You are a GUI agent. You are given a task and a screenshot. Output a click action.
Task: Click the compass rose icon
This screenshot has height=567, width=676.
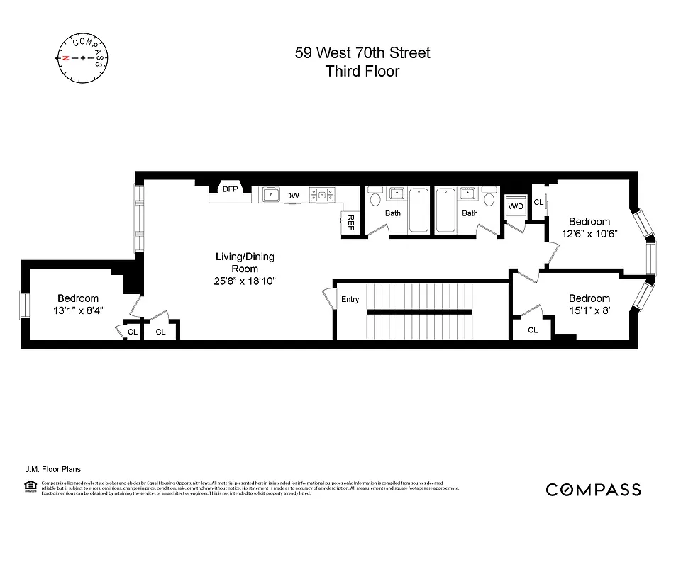pyautogui.click(x=82, y=57)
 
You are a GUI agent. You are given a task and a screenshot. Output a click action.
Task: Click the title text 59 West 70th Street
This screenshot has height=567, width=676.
pyautogui.click(x=362, y=52)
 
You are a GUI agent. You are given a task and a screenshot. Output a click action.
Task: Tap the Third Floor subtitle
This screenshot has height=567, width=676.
pyautogui.click(x=362, y=71)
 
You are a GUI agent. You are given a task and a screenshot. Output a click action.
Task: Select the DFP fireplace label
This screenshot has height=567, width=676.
pyautogui.click(x=230, y=189)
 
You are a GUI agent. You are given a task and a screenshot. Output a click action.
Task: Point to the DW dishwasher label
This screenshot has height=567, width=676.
pyautogui.click(x=292, y=196)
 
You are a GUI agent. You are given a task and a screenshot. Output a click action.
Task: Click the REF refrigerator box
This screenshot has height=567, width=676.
pyautogui.click(x=350, y=222)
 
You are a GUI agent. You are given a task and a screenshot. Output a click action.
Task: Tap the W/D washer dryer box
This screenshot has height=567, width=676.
pyautogui.click(x=514, y=206)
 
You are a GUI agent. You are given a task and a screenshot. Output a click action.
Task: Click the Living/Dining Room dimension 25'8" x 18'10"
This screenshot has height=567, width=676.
pyautogui.click(x=245, y=281)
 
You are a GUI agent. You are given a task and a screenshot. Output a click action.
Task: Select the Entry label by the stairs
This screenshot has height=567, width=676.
pyautogui.click(x=350, y=299)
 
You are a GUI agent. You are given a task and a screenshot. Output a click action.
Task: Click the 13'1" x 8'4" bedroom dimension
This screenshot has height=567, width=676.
pyautogui.click(x=78, y=310)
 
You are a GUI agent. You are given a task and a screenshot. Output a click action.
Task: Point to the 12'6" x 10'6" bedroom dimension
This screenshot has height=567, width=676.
pyautogui.click(x=589, y=233)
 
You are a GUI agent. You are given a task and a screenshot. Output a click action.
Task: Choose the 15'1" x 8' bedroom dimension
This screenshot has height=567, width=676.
pyautogui.click(x=589, y=310)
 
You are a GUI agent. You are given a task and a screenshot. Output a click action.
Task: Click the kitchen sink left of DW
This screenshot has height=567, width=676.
pyautogui.click(x=271, y=194)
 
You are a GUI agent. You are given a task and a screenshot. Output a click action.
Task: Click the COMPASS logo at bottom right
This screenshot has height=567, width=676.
pyautogui.click(x=593, y=490)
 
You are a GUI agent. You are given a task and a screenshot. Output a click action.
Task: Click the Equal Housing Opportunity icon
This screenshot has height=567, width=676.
pyautogui.click(x=31, y=486)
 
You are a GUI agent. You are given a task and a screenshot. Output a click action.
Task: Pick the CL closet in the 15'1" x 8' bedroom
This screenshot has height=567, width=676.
pyautogui.click(x=533, y=330)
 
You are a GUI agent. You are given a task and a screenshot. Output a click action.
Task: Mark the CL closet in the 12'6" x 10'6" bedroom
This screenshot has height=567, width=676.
pyautogui.click(x=538, y=203)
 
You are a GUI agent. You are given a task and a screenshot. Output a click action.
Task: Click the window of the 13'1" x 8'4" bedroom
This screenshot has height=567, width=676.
pyautogui.click(x=24, y=305)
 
